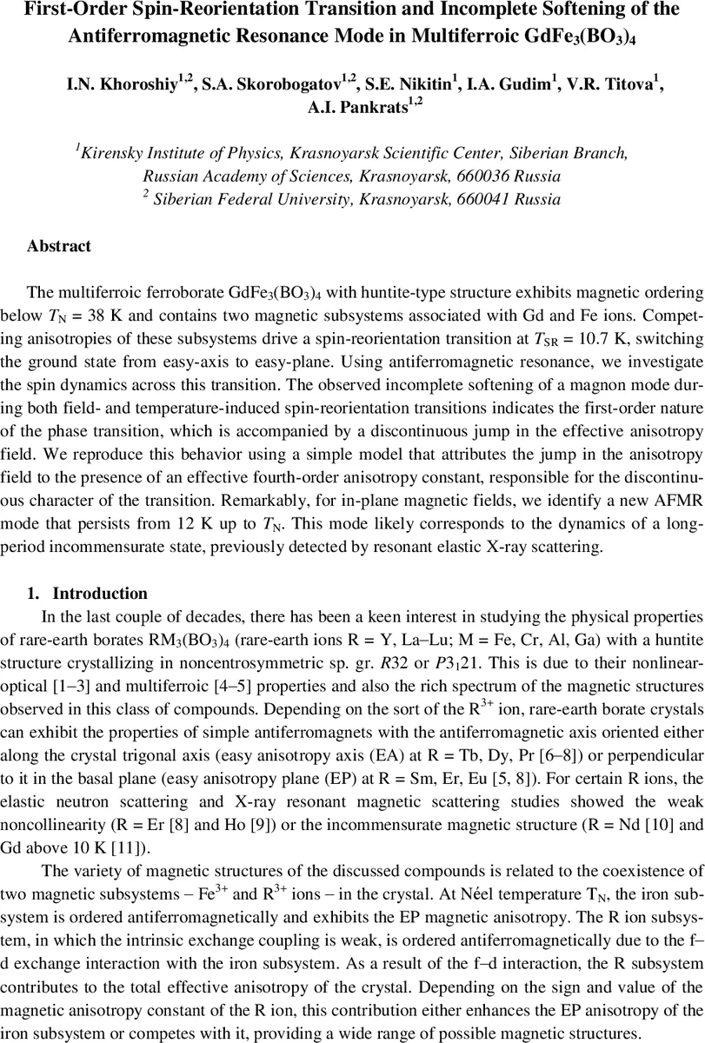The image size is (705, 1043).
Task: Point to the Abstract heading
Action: [58, 246]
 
